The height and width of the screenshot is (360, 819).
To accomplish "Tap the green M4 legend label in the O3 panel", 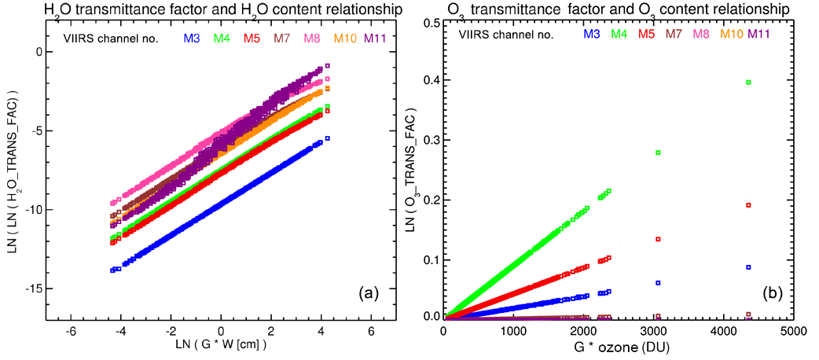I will click(619, 34).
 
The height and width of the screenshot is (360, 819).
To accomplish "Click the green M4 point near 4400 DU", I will click(749, 82).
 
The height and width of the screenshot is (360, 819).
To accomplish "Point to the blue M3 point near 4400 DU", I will click(749, 267).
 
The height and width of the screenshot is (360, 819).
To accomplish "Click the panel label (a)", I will click(369, 294).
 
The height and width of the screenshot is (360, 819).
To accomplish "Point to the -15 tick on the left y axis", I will click(31, 288).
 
